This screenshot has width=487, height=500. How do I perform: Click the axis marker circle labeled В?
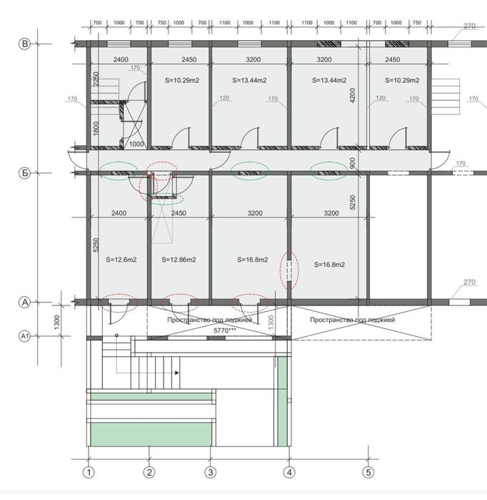pyautogui.click(x=24, y=44)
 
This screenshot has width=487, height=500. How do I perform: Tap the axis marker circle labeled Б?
pyautogui.click(x=24, y=173)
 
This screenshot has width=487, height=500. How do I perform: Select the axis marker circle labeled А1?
pyautogui.click(x=24, y=336)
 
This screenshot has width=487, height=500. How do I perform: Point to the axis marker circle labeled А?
pyautogui.click(x=24, y=302)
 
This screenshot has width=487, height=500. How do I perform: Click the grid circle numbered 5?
pyautogui.click(x=368, y=472)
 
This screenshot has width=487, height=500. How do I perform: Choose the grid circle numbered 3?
pyautogui.click(x=211, y=472)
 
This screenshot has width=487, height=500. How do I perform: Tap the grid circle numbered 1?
pyautogui.click(x=89, y=472)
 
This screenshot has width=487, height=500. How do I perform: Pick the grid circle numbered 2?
pyautogui.click(x=149, y=472)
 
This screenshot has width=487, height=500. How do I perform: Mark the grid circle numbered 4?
pyautogui.click(x=289, y=472)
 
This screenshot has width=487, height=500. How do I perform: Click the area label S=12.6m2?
pyautogui.click(x=121, y=260)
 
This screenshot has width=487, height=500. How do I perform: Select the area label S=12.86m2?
pyautogui.click(x=179, y=260)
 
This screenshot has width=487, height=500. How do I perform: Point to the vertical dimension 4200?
pyautogui.click(x=352, y=95)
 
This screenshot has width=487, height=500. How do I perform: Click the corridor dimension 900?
pyautogui.click(x=352, y=163)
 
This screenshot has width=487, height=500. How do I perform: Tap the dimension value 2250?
pyautogui.click(x=96, y=79)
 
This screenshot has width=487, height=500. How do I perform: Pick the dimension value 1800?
pyautogui.click(x=96, y=128)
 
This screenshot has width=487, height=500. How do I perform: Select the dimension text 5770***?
pyautogui.click(x=225, y=330)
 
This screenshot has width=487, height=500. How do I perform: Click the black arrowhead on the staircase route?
pyautogui.click(x=176, y=373)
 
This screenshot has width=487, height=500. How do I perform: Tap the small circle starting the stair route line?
pyautogui.click(x=116, y=335)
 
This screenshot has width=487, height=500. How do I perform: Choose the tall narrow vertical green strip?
pyautogui.click(x=282, y=401)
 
